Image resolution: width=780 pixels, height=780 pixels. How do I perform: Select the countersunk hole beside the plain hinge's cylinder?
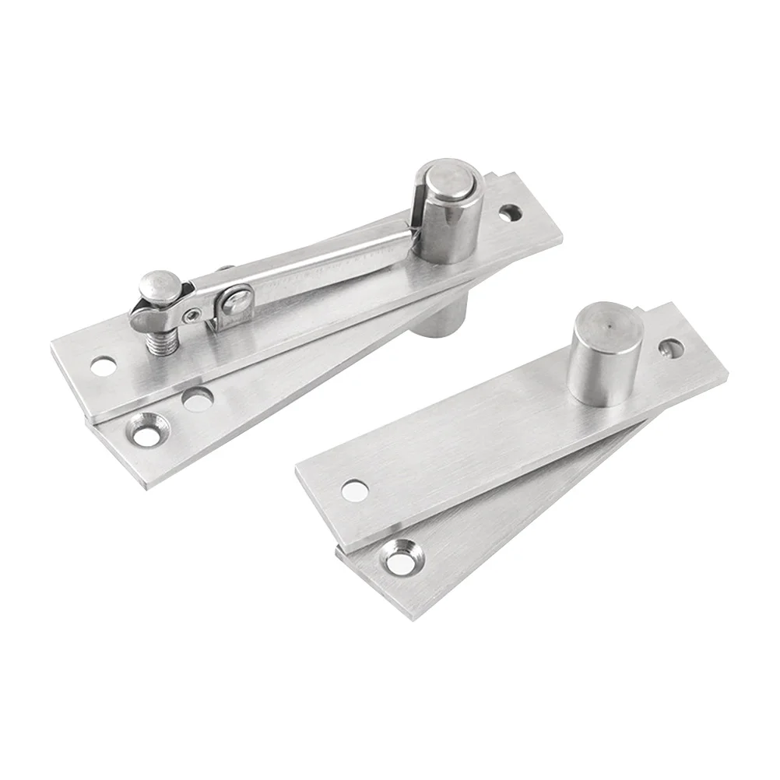click(x=669, y=347)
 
